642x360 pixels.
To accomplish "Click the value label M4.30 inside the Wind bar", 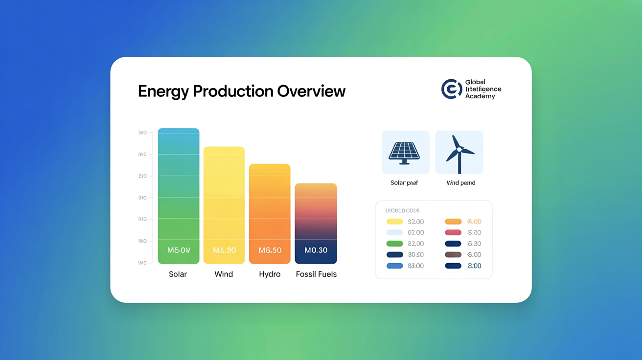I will pyautogui.click(x=224, y=250).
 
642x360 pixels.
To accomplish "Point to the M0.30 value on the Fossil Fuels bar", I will pyautogui.click(x=316, y=250).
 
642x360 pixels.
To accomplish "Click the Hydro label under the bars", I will pyautogui.click(x=270, y=274).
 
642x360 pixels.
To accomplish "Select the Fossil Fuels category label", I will pyautogui.click(x=316, y=274).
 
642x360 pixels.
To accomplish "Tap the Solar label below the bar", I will pyautogui.click(x=178, y=274).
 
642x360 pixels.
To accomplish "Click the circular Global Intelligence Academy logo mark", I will pyautogui.click(x=451, y=89).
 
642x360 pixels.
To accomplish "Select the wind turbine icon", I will pyautogui.click(x=459, y=152).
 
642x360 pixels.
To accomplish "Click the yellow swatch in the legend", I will pyautogui.click(x=394, y=222).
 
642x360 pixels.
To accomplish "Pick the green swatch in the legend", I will pyautogui.click(x=394, y=244).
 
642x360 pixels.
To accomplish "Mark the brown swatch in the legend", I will pyautogui.click(x=453, y=254).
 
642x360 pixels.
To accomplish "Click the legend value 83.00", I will pyautogui.click(x=416, y=266).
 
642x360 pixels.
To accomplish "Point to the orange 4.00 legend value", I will pyautogui.click(x=474, y=222).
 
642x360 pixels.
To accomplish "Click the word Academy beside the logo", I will pyautogui.click(x=480, y=96).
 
